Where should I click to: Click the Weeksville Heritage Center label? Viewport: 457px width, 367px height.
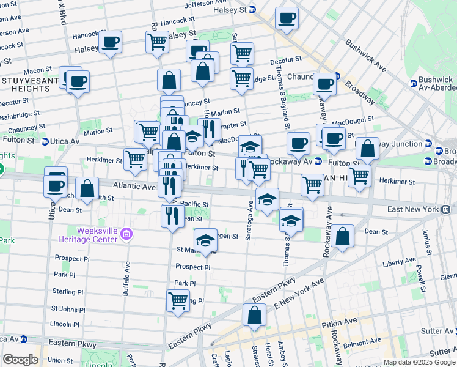88,235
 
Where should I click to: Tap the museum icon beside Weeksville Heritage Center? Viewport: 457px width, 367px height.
127,234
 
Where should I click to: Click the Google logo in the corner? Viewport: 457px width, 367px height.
20,360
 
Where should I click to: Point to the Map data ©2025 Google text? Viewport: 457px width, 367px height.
419,362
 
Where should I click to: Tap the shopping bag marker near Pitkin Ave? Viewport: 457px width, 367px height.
254,316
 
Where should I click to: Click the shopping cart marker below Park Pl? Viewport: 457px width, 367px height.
178,300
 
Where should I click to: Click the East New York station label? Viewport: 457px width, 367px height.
414,209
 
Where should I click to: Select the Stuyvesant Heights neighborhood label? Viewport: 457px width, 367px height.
26,84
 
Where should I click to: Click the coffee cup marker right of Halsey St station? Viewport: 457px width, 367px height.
286,18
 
